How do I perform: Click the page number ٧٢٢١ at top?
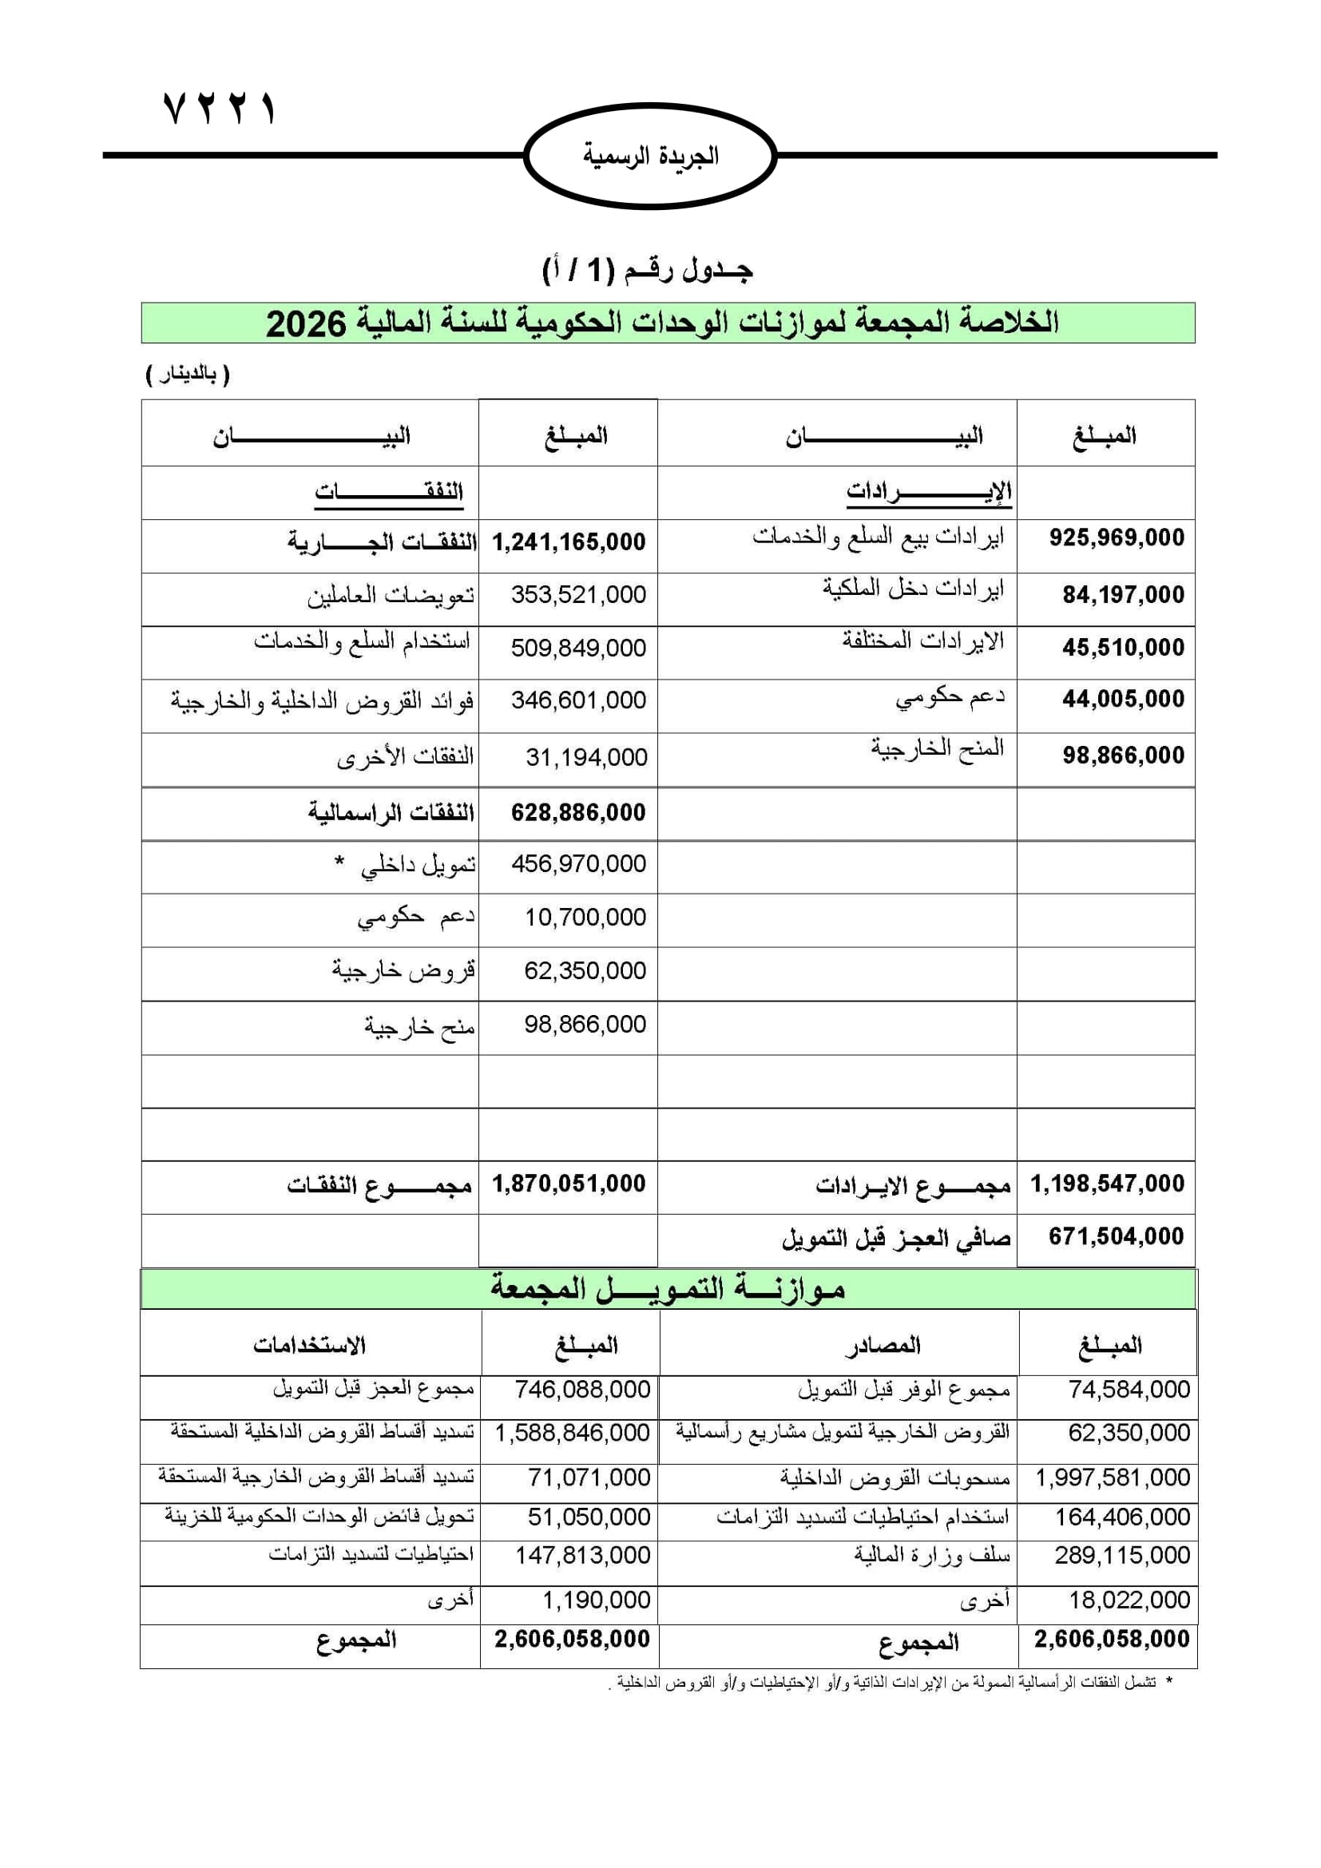pos(220,108)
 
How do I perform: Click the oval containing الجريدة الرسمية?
pos(651,156)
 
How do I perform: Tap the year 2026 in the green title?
pos(306,323)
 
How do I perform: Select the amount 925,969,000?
pos(1116,537)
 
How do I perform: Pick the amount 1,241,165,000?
pos(569,541)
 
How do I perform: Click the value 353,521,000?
pos(578,595)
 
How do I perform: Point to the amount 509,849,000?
pos(578,648)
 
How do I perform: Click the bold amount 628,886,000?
pos(578,812)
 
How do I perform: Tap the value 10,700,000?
pos(585,918)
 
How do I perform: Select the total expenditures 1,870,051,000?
pos(569,1184)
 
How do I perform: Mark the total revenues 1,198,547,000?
pos(1107,1184)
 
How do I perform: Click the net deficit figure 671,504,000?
pos(1116,1236)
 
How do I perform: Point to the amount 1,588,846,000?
pos(572,1433)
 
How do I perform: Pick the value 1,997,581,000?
pos(1112,1477)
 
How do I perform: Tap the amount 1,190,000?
pos(597,1600)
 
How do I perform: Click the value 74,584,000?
pos(1129,1390)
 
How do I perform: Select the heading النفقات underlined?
pos(389,492)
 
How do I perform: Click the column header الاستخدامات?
pos(309,1346)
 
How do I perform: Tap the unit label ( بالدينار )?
pos(188,375)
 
